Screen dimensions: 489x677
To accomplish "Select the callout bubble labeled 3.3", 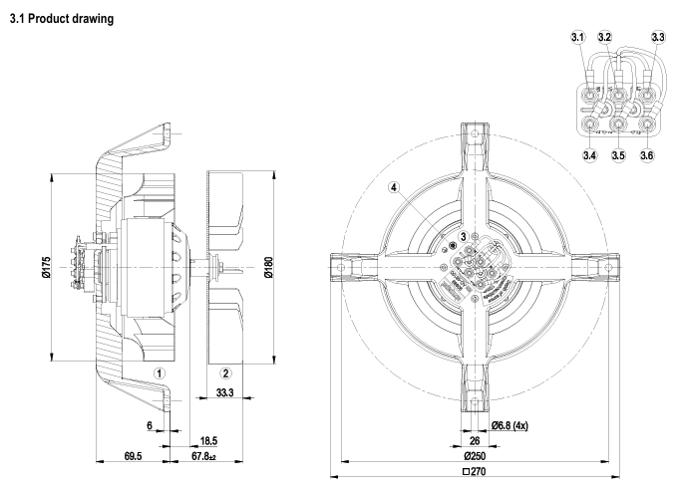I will click(656, 37).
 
